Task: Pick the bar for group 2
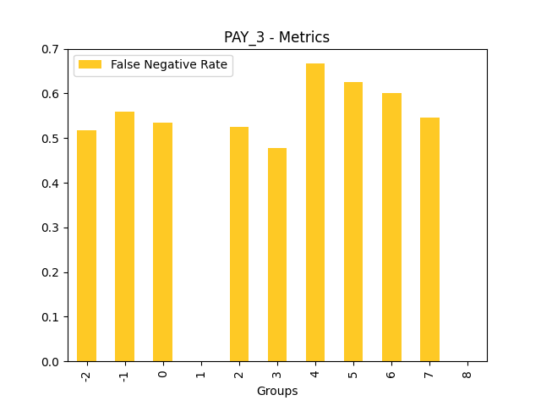coord(239,244)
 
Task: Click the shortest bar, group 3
coord(277,255)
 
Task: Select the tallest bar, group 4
coord(315,212)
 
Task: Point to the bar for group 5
coord(353,222)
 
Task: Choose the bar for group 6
coord(391,228)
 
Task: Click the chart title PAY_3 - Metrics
coord(276,37)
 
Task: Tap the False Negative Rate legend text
coord(169,65)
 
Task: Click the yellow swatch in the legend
coord(90,65)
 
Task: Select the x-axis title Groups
coord(277,391)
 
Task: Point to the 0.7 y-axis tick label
coord(51,49)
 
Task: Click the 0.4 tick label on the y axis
coord(51,184)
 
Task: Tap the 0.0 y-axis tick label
coord(51,362)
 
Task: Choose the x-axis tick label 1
coord(201,372)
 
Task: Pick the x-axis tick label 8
coord(467,372)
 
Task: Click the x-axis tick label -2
coord(86,375)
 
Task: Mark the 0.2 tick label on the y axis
coord(51,272)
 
